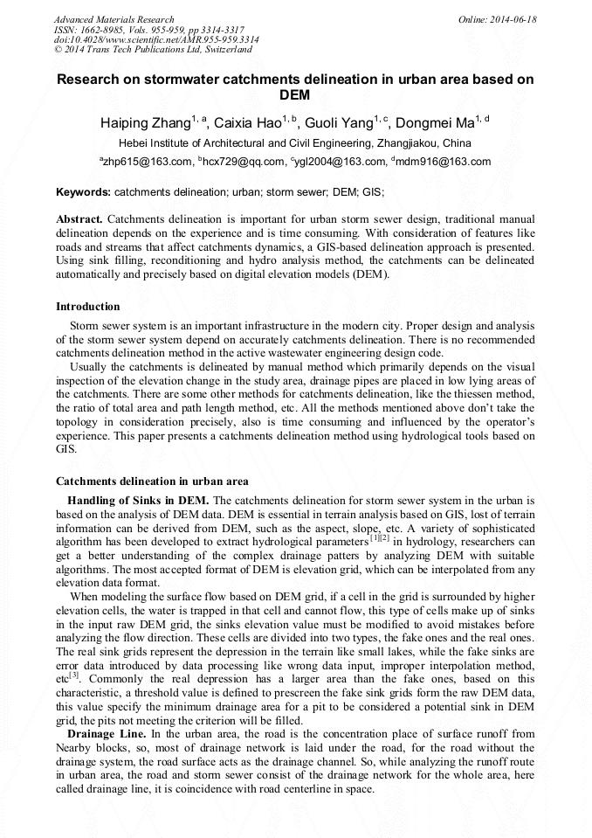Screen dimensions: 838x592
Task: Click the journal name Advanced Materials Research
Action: point(114,19)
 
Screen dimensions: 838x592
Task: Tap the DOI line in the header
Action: point(156,40)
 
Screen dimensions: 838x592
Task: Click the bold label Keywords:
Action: point(83,191)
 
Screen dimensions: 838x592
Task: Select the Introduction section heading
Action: point(88,307)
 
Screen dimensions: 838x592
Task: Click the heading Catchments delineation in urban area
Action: point(152,481)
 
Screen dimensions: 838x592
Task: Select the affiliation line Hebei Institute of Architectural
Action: point(295,143)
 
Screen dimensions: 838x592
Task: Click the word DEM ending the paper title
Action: point(295,94)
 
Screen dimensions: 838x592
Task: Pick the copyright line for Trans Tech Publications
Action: point(153,51)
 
